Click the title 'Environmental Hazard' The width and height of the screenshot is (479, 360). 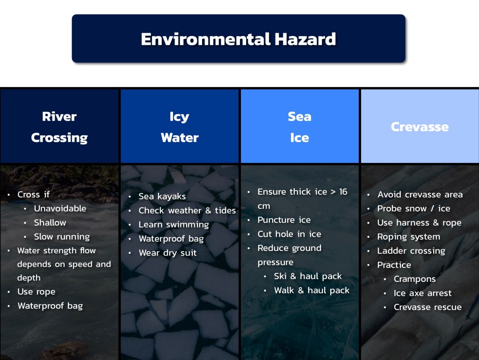(x=238, y=39)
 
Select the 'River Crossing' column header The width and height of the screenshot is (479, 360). (x=59, y=127)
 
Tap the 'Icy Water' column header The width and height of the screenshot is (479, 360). (x=180, y=127)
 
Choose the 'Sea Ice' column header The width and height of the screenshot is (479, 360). (x=300, y=127)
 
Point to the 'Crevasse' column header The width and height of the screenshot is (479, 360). (x=420, y=127)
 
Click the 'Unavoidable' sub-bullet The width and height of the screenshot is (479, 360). (x=60, y=208)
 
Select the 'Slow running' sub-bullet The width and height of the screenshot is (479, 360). (x=62, y=236)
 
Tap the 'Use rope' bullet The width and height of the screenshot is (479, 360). (x=36, y=292)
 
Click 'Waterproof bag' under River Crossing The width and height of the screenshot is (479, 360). (x=50, y=306)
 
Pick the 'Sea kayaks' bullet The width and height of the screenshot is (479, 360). (x=162, y=196)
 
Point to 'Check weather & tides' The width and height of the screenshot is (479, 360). (x=187, y=210)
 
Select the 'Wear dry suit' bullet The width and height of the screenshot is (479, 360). (x=168, y=253)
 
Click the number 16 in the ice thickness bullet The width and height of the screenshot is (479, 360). (x=343, y=191)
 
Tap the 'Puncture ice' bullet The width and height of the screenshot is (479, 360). (x=284, y=220)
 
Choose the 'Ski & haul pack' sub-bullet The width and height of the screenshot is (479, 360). (x=308, y=276)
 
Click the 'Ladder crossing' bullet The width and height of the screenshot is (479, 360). (x=411, y=250)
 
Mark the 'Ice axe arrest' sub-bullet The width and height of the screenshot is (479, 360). (x=422, y=293)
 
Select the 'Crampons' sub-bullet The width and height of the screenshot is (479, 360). (x=414, y=279)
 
